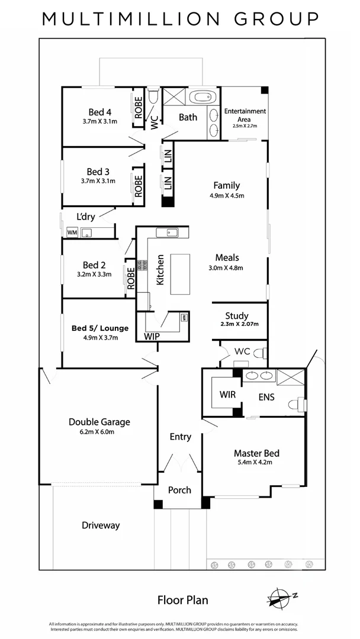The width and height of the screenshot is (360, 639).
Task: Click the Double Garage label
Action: pyautogui.click(x=99, y=422)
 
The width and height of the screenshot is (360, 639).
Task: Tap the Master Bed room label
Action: pyautogui.click(x=256, y=453)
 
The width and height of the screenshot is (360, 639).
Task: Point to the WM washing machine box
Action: pyautogui.click(x=72, y=232)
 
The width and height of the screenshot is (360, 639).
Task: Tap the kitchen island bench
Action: pyautogui.click(x=181, y=274)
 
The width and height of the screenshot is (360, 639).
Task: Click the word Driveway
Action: pyautogui.click(x=101, y=525)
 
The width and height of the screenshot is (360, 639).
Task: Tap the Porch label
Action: pyautogui.click(x=179, y=490)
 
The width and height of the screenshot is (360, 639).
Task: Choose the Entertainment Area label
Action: pyautogui.click(x=245, y=115)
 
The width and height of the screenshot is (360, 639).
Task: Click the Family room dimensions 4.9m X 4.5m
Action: pyautogui.click(x=227, y=195)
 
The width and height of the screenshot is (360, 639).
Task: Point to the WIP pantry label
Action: pyautogui.click(x=152, y=336)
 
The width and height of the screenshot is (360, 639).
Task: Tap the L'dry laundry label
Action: pyautogui.click(x=86, y=216)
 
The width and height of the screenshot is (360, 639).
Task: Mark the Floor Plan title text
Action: pyautogui.click(x=182, y=600)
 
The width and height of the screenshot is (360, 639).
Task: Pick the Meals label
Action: pyautogui.click(x=227, y=257)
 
